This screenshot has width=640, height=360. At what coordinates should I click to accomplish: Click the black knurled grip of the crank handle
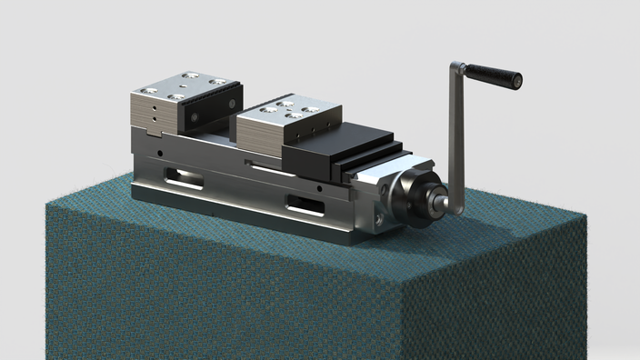click(x=492, y=75)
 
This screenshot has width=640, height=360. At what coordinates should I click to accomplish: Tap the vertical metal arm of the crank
click(x=458, y=136)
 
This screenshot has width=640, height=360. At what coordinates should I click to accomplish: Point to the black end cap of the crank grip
click(x=517, y=80)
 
